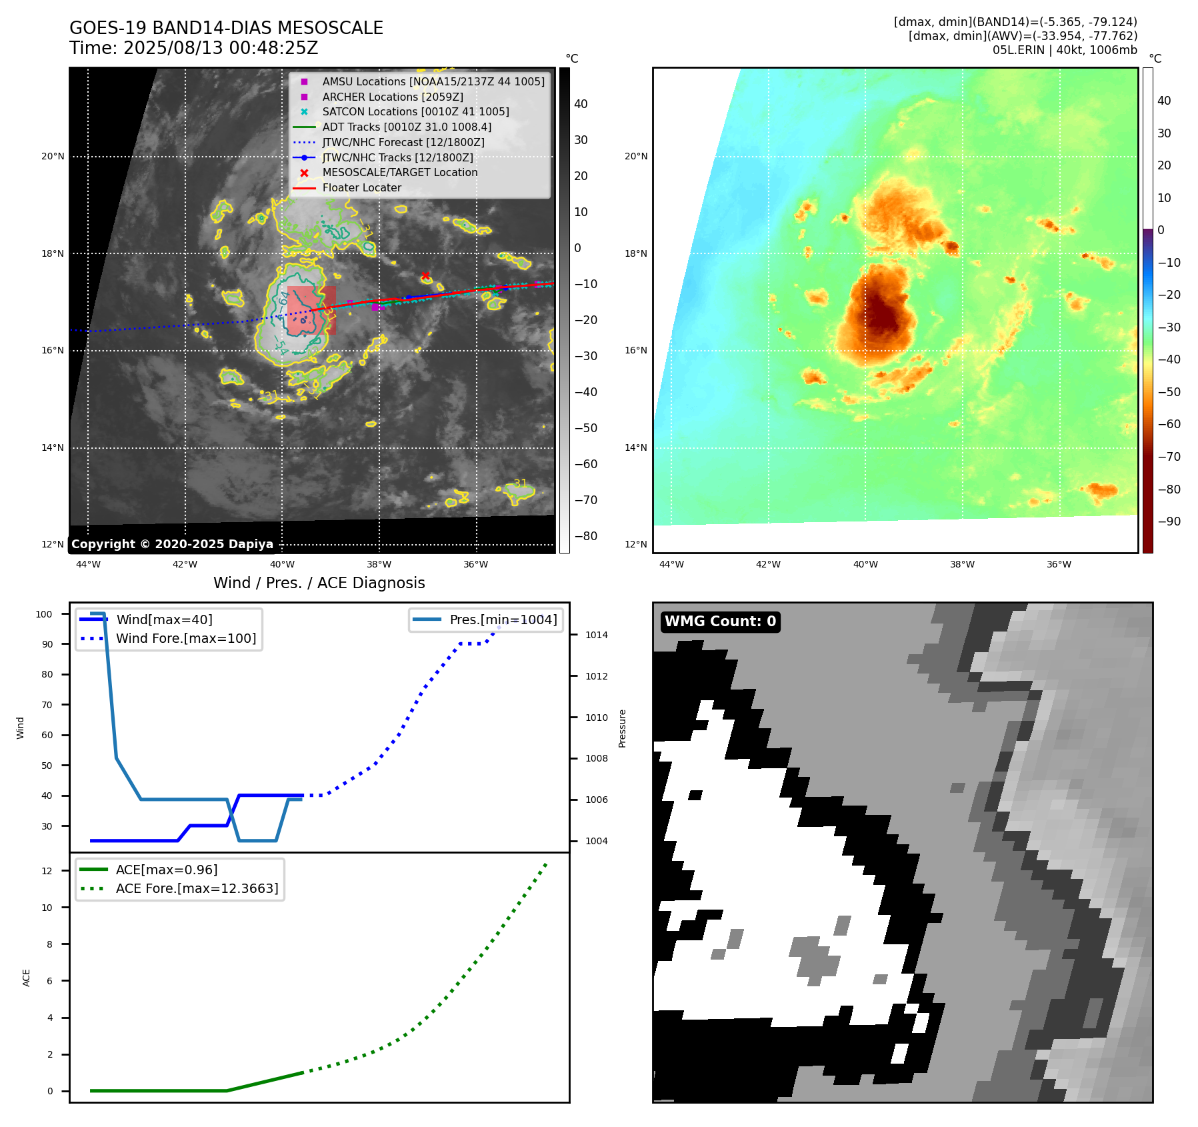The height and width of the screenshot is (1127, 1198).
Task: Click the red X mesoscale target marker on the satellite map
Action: point(425,275)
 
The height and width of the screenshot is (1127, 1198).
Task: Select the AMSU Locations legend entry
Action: point(433,81)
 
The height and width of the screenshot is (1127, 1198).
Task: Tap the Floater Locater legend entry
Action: point(361,188)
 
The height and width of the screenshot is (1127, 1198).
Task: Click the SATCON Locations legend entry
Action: point(415,112)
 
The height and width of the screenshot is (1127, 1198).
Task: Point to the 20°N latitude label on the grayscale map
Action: point(53,157)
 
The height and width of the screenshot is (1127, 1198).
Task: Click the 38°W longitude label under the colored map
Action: point(962,564)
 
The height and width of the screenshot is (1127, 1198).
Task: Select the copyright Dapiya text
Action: point(172,544)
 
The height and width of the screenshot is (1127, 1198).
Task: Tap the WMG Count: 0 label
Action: point(720,622)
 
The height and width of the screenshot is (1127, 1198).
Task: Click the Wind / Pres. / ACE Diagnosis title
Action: point(319,583)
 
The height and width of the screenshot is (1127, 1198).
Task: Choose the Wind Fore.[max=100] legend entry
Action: point(185,638)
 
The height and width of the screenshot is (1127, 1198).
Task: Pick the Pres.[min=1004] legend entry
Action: point(503,620)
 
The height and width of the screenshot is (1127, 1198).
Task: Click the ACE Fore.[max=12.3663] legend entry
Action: point(197,888)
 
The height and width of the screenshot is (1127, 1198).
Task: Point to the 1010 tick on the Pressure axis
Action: point(597,718)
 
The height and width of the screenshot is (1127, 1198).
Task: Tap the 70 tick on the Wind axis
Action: point(47,705)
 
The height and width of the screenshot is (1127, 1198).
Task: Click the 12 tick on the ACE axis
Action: point(47,871)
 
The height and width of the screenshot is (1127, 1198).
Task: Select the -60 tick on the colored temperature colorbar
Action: point(1169,424)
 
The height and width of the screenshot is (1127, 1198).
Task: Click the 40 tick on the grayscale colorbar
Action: point(581,104)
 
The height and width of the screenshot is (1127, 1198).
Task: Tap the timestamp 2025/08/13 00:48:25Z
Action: point(221,49)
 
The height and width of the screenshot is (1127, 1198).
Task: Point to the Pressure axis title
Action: point(622,728)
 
